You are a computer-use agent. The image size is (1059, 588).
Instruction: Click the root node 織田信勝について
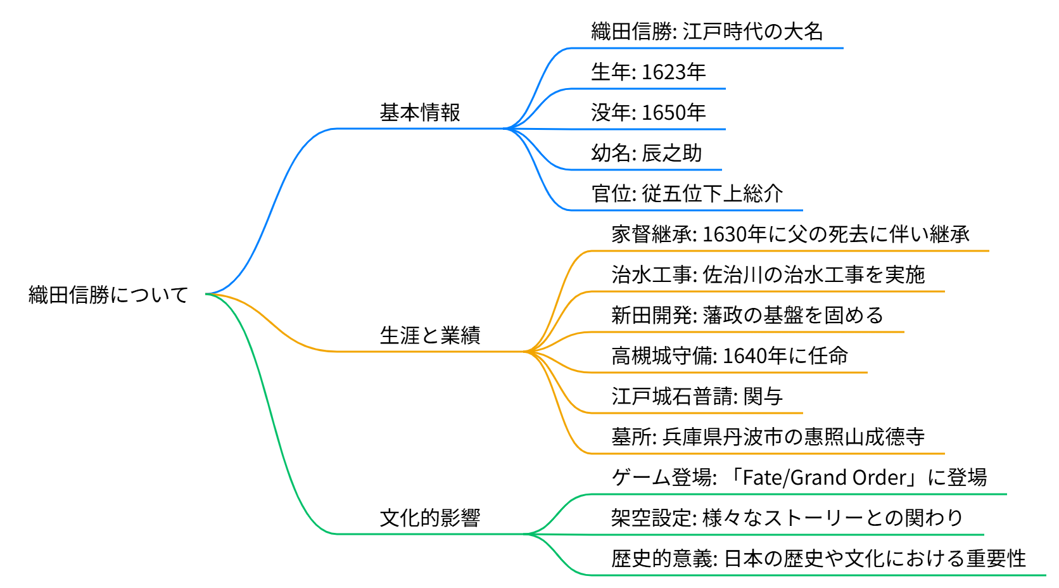point(108,295)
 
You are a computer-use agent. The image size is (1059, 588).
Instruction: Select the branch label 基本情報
point(420,112)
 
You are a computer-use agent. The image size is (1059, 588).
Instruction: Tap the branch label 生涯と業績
point(430,335)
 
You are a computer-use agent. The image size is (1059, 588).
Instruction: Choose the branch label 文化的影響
point(430,518)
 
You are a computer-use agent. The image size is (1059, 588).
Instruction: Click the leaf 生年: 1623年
point(648,72)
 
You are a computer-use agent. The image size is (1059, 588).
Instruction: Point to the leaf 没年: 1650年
point(648,112)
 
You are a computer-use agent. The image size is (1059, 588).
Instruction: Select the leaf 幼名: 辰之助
point(646,153)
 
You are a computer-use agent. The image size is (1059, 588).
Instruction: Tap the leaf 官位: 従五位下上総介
point(687,193)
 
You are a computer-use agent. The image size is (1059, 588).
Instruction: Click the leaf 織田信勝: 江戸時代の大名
point(707,31)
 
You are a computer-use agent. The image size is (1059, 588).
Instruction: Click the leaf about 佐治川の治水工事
point(768,274)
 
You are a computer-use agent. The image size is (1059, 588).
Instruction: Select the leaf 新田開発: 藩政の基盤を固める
point(747,315)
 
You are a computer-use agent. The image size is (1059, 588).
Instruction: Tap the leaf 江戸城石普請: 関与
point(697,396)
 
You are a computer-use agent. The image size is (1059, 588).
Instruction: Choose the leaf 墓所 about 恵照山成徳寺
point(768,437)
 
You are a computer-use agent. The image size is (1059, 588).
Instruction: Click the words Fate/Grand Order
point(826,477)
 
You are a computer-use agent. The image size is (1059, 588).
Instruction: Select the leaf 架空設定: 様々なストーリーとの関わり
point(787,518)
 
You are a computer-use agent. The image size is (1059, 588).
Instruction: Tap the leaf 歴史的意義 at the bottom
point(818,558)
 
